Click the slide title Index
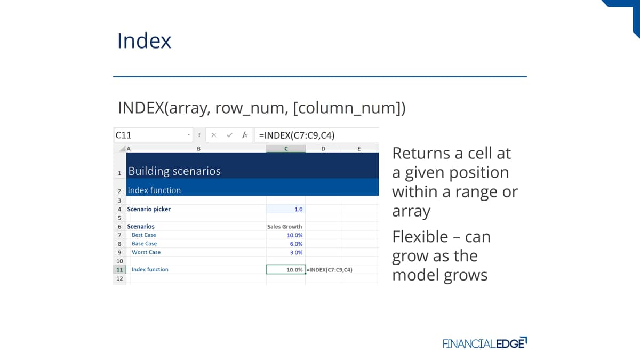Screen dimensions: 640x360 click(x=144, y=41)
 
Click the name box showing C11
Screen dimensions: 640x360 click(x=153, y=135)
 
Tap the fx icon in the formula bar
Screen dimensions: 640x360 click(x=245, y=135)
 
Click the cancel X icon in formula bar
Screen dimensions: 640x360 click(x=214, y=135)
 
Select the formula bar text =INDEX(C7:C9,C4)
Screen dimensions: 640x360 click(x=297, y=135)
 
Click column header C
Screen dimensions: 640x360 click(x=286, y=149)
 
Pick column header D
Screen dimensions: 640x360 click(x=323, y=149)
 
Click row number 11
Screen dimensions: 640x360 click(x=119, y=270)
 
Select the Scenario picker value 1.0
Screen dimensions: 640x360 click(x=298, y=210)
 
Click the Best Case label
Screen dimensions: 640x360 click(x=143, y=235)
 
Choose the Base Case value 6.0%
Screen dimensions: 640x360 click(x=296, y=244)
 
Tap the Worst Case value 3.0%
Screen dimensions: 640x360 click(x=296, y=253)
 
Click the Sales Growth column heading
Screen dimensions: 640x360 click(x=285, y=227)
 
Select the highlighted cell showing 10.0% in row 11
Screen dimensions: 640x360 click(x=286, y=269)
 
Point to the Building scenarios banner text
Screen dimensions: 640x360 click(x=174, y=171)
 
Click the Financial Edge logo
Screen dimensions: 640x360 click(x=485, y=343)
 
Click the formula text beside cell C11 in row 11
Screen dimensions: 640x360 click(x=330, y=270)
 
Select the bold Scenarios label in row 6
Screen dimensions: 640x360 click(x=141, y=227)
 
